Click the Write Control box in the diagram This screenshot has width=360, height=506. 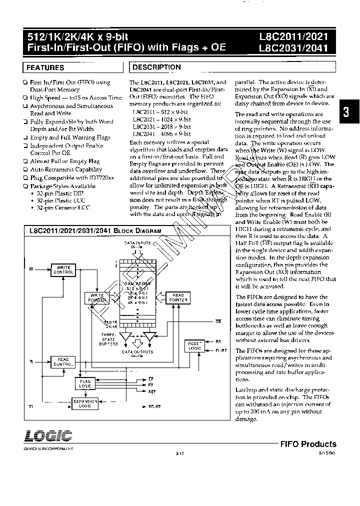(63, 270)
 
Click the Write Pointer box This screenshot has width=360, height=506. (96, 298)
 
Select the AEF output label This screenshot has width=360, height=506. (152, 391)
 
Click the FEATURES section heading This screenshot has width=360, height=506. (45, 67)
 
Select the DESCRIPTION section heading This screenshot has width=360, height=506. (156, 67)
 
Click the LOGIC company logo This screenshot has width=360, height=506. (48, 434)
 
